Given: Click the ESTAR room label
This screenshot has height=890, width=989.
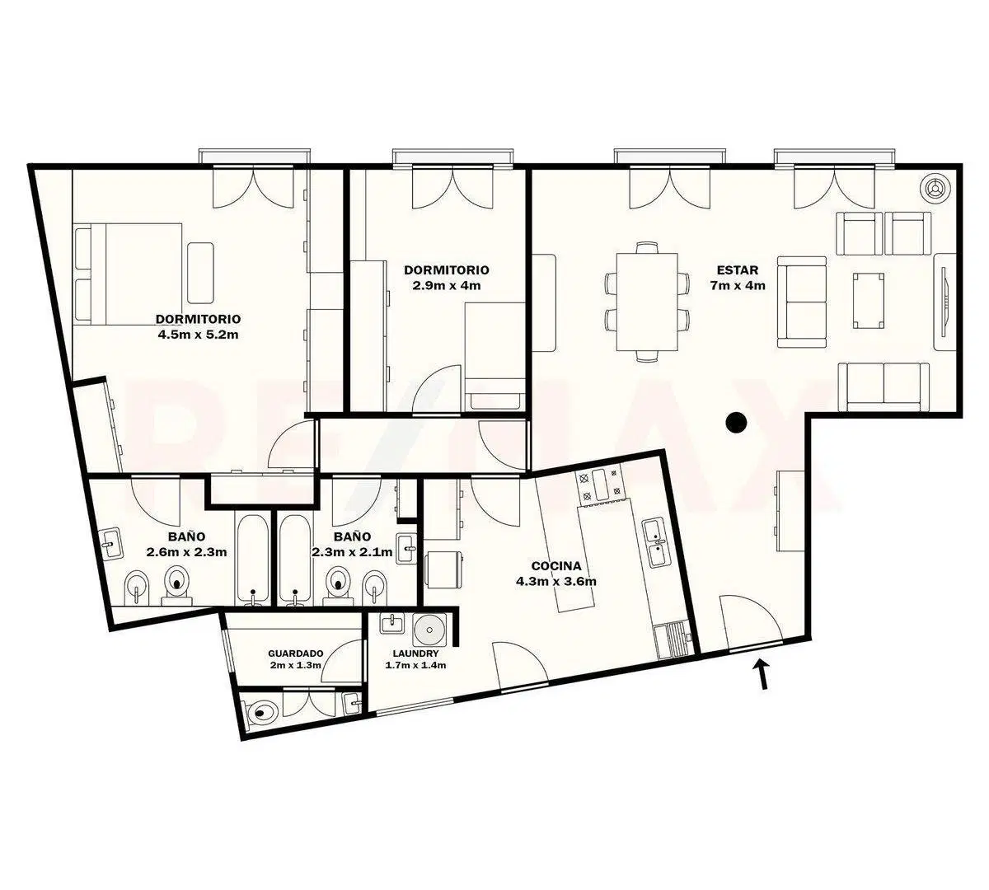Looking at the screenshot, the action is (x=737, y=270).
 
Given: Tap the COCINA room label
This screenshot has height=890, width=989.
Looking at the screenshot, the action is (x=556, y=566).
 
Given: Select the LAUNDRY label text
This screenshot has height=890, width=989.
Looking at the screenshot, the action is (x=415, y=653).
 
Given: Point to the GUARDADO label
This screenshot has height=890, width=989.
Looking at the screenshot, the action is (x=296, y=653).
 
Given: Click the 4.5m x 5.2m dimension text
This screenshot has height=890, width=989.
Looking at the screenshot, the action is (x=198, y=335).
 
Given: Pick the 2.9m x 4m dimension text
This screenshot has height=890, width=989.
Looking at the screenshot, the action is (x=447, y=285).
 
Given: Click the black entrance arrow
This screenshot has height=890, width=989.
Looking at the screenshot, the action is (x=762, y=675).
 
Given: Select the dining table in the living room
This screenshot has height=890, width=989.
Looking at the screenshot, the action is (x=647, y=302).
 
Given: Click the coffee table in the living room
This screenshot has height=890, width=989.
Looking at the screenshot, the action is (x=868, y=301).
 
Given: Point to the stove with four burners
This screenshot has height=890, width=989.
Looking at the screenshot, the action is (x=599, y=485).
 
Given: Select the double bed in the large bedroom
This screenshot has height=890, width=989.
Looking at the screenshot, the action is (x=129, y=274).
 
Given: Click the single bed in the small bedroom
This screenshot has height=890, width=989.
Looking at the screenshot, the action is (x=494, y=356).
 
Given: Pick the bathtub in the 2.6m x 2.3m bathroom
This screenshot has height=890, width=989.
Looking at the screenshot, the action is (x=253, y=559).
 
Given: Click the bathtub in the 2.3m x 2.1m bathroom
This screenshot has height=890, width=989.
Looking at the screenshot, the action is (x=294, y=559).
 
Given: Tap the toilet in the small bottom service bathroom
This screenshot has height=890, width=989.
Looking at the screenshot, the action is (x=262, y=712).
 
